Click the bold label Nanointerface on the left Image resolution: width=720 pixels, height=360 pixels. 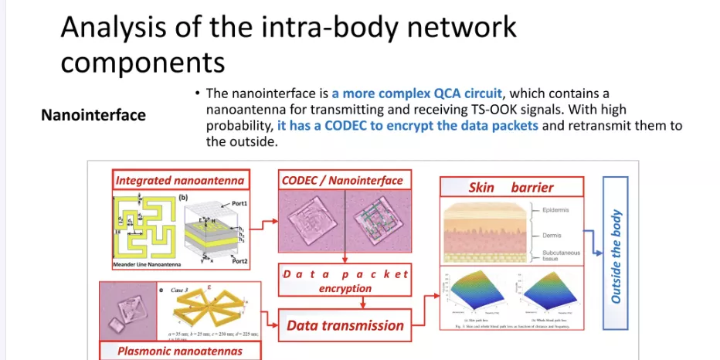coord(93,115)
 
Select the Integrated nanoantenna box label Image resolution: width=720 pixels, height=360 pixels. coord(180,181)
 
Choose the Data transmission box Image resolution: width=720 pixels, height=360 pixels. coord(345,325)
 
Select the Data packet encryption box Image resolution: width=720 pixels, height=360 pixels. coord(345,281)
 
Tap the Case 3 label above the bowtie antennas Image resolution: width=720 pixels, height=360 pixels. coord(180,290)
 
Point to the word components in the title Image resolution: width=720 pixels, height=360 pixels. coord(142,61)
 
